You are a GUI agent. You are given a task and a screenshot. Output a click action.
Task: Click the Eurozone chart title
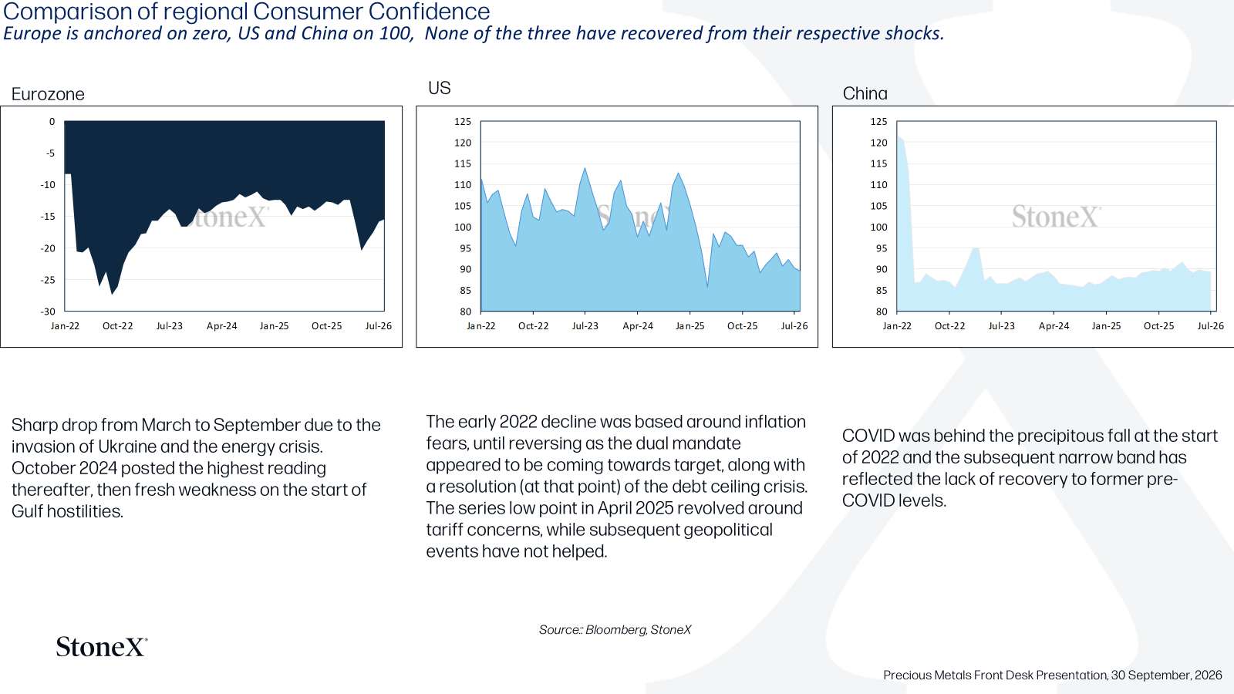point(48,94)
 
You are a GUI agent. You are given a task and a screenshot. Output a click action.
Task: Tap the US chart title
point(439,88)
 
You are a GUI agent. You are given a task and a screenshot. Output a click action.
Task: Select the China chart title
point(865,93)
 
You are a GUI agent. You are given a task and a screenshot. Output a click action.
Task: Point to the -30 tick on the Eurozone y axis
point(48,312)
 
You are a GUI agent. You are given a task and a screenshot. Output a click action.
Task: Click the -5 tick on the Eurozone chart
point(50,153)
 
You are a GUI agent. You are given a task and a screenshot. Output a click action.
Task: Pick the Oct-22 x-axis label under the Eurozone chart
point(117,326)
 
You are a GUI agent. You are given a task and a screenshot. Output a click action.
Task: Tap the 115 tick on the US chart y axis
point(463,163)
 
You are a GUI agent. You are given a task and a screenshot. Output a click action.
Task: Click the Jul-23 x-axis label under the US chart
point(585,326)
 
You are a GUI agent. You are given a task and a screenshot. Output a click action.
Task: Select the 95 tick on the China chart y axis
point(882,248)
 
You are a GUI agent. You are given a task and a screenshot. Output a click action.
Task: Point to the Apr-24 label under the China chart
point(1054,326)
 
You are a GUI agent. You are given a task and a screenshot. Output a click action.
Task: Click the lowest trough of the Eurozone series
point(112,294)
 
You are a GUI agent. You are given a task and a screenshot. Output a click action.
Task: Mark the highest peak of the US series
point(585,168)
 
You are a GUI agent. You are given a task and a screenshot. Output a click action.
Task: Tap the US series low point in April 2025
point(707,287)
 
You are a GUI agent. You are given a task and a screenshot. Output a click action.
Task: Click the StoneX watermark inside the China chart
point(1057,217)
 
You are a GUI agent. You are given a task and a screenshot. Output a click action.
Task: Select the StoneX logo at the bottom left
point(102,647)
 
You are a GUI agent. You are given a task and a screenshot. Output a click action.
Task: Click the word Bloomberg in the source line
point(615,629)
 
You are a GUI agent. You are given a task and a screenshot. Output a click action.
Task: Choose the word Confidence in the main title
point(429,12)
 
